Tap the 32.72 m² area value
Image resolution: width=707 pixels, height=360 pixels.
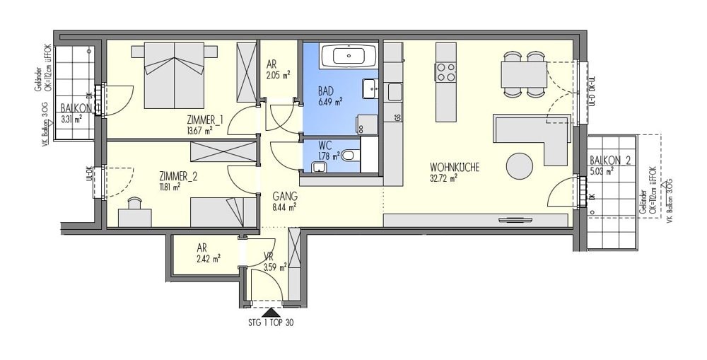tap(444, 178)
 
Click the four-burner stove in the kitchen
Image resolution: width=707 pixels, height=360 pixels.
tap(445, 72)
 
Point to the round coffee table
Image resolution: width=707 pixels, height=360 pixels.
tap(521, 167)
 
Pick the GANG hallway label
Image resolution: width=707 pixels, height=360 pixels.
tap(285, 197)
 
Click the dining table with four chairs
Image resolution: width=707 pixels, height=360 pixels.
tap(524, 74)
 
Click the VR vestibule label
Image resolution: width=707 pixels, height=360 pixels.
tap(269, 258)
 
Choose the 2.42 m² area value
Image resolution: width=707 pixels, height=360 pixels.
tap(209, 258)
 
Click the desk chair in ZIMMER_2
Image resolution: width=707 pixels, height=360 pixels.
tap(134, 204)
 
